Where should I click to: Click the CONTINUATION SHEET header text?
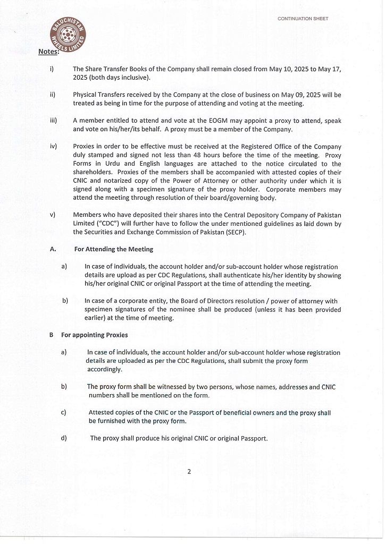tap(303, 19)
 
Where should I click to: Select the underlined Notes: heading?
tap(48, 52)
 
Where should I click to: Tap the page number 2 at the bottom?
tap(189, 471)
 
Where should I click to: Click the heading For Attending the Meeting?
tap(113, 249)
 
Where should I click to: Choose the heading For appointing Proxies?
tap(94, 335)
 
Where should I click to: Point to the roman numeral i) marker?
tap(52, 69)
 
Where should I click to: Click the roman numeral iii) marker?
tap(53, 121)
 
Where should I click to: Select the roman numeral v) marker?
tap(53, 215)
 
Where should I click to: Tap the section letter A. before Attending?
tap(53, 249)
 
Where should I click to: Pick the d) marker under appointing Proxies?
tap(64, 438)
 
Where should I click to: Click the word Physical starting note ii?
tap(86, 95)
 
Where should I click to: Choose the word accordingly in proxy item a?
tap(105, 369)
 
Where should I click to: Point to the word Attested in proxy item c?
tap(102, 412)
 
